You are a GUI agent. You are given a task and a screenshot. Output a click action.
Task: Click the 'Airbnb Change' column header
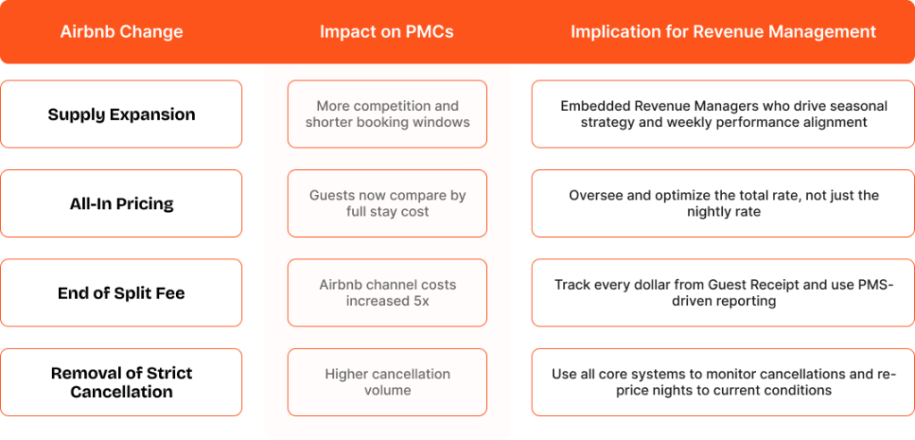[122, 32]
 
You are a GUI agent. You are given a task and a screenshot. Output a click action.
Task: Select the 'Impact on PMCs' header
[386, 32]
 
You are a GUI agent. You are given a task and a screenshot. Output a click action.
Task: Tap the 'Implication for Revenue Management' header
[723, 32]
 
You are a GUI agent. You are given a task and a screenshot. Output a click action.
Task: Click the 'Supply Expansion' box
[122, 114]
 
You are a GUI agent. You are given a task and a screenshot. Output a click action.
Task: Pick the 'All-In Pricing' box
[122, 204]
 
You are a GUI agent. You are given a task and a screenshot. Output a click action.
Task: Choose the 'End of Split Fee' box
[122, 292]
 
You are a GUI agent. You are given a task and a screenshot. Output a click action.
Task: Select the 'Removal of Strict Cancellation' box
[122, 382]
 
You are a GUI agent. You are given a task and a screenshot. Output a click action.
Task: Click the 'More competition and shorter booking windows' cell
[387, 114]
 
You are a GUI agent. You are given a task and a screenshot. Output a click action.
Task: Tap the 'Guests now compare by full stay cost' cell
[387, 204]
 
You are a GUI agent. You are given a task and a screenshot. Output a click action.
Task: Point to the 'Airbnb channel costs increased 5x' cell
[387, 292]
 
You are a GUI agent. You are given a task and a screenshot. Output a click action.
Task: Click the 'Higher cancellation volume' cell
[387, 382]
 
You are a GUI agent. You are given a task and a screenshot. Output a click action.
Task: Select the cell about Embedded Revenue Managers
[723, 114]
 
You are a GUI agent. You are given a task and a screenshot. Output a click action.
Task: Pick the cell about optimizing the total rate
[723, 204]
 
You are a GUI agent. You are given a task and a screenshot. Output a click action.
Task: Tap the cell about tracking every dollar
[723, 292]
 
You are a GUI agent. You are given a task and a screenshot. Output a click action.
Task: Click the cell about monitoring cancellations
[723, 382]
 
